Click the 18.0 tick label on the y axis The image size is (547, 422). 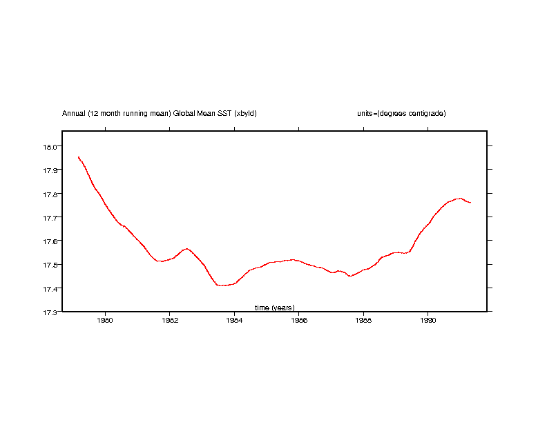coord(52,146)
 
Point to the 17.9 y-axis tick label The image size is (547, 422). coord(52,170)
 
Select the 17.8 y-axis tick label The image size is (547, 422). coord(52,194)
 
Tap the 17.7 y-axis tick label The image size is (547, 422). coord(52,217)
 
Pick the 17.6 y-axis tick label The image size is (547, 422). coord(52,241)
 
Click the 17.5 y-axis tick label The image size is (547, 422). coord(52,265)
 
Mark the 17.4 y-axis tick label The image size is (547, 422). coord(52,288)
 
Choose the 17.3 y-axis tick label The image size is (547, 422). coord(52,312)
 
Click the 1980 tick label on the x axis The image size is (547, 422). coord(105,320)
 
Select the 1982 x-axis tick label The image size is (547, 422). coord(170,320)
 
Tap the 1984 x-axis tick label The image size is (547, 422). coord(234,320)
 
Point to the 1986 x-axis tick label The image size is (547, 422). coord(299,320)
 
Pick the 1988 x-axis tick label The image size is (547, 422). coord(363,320)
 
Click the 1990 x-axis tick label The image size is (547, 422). coord(428,320)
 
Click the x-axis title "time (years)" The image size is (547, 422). coord(274,308)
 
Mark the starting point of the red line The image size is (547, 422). coord(79,157)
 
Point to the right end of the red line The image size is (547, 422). coord(470,203)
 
